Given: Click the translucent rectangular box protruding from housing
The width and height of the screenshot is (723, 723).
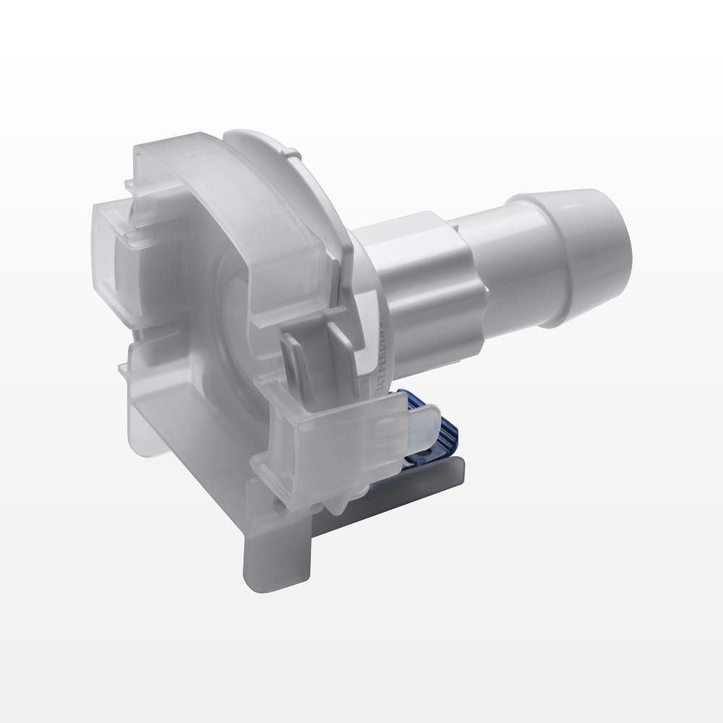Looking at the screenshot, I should (116, 239).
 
